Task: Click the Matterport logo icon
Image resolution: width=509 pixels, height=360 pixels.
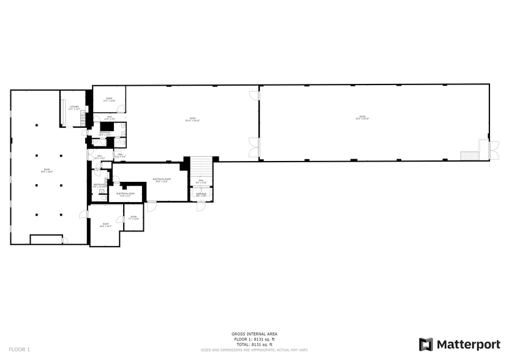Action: pos(426,345)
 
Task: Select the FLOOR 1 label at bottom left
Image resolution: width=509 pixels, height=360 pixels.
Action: pos(19,349)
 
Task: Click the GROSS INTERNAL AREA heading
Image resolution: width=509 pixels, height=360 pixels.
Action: pos(254,334)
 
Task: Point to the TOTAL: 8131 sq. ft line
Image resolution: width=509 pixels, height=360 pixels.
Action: pos(254,345)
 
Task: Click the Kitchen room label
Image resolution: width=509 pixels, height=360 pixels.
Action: pos(74,108)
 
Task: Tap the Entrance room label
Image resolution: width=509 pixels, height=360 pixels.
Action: pos(201,195)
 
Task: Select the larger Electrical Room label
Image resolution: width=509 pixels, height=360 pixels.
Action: pos(162,180)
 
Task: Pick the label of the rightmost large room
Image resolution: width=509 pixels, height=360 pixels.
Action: pos(362,118)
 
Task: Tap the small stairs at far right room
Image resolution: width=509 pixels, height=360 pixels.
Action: pos(469,156)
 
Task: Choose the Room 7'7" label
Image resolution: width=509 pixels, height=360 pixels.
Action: pos(134,217)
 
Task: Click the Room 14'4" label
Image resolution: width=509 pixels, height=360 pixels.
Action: pos(105,225)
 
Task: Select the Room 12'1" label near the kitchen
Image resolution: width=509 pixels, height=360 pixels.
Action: pos(109,99)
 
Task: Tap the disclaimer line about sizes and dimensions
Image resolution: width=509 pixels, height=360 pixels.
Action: pos(254,350)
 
